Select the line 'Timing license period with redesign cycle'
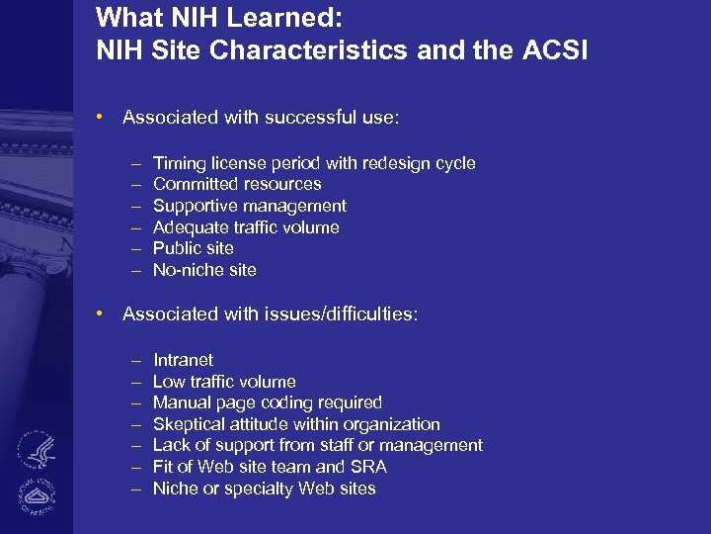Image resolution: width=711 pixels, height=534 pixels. (x=314, y=163)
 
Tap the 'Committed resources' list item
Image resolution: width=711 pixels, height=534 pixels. (x=237, y=184)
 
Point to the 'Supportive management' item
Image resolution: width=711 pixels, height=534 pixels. (x=250, y=206)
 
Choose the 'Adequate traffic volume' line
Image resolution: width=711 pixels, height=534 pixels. (x=246, y=227)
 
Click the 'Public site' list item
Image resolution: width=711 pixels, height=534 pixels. (x=194, y=248)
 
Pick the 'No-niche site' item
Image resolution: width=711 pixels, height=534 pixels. (x=204, y=270)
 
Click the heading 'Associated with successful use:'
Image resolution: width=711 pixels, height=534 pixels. (x=261, y=117)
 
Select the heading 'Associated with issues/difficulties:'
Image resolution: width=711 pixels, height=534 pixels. (x=270, y=313)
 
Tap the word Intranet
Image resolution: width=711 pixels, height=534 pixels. (x=183, y=360)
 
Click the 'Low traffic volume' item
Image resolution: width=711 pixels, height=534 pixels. (x=224, y=382)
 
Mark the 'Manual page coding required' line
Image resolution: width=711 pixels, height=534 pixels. (x=267, y=402)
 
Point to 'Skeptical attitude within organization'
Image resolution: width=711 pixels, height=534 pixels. (x=296, y=424)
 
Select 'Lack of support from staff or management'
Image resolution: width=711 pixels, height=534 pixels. (x=317, y=445)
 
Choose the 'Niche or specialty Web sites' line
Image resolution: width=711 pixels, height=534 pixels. (x=264, y=489)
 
